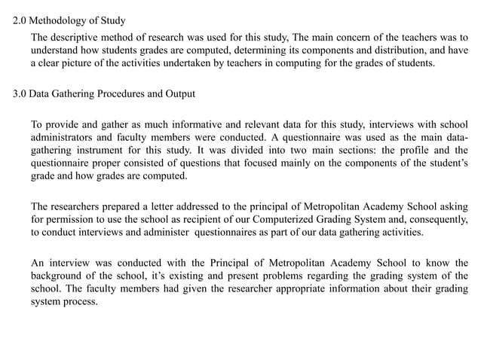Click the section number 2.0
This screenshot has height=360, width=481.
[x=20, y=20]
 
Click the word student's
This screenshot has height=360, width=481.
[x=443, y=163]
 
